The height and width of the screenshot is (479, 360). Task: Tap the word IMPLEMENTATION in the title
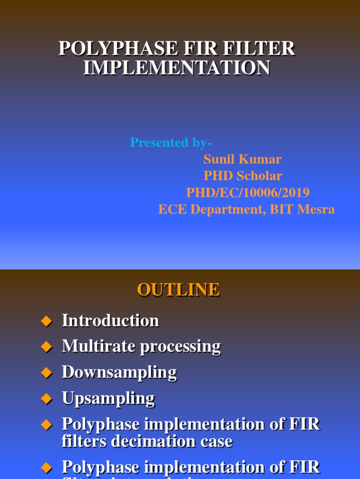[177, 68]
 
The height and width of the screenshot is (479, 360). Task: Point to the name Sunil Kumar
[242, 160]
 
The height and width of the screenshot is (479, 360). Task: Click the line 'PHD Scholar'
[242, 176]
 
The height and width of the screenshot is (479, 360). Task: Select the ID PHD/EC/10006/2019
[247, 193]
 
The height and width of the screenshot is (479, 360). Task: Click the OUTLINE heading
[178, 290]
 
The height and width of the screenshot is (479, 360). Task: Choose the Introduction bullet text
[110, 321]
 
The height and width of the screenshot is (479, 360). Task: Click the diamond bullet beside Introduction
[46, 321]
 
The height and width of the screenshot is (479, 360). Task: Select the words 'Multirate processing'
[141, 347]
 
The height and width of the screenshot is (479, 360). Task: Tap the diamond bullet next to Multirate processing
[46, 347]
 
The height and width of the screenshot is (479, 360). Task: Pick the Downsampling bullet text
[119, 373]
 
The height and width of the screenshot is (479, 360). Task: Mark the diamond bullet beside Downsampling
[46, 373]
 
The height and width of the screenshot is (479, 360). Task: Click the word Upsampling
[108, 399]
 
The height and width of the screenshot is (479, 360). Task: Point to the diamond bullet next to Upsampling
[46, 399]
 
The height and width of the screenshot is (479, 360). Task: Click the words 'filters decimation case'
[147, 442]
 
